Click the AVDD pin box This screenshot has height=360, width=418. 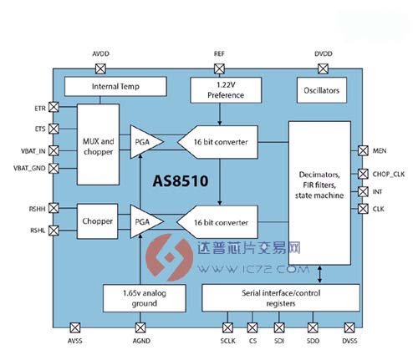coord(100,68)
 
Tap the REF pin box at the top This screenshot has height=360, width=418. coord(219,68)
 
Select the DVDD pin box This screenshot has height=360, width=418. coord(323,68)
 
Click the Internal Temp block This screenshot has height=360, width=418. coord(115,87)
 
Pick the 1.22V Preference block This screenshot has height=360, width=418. coord(226,90)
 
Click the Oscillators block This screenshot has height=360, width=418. coord(322,90)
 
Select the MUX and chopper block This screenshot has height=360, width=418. coord(98,145)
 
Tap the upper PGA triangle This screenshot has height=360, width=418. coord(146,142)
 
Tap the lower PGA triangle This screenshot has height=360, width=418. coord(146,221)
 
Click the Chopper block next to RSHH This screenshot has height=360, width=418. coord(97,221)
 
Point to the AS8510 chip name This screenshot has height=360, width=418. coord(181,181)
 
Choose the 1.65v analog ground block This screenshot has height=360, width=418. coord(145,298)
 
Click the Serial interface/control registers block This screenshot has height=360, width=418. coord(281,298)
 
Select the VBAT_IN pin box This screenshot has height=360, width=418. coord(54,151)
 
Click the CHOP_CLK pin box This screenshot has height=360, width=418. coord(363,174)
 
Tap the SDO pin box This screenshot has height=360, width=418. coord(313,327)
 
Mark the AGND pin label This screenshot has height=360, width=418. coord(141,341)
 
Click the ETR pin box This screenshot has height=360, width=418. coord(54,107)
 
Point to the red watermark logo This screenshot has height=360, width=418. coord(170,257)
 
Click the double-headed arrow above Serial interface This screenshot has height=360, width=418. coord(319,275)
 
